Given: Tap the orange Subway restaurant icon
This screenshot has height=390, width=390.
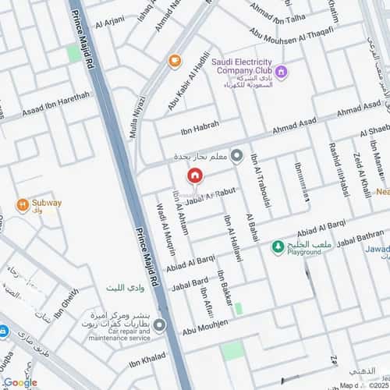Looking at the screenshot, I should pyautogui.click(x=23, y=206).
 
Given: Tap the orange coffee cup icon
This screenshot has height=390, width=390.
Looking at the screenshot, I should pyautogui.click(x=174, y=59).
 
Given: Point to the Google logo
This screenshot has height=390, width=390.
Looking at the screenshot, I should pyautogui.click(x=19, y=381).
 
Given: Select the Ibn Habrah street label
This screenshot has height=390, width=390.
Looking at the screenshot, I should pyautogui.click(x=201, y=126).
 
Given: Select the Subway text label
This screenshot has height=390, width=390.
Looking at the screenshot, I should pyautogui.click(x=46, y=204).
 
